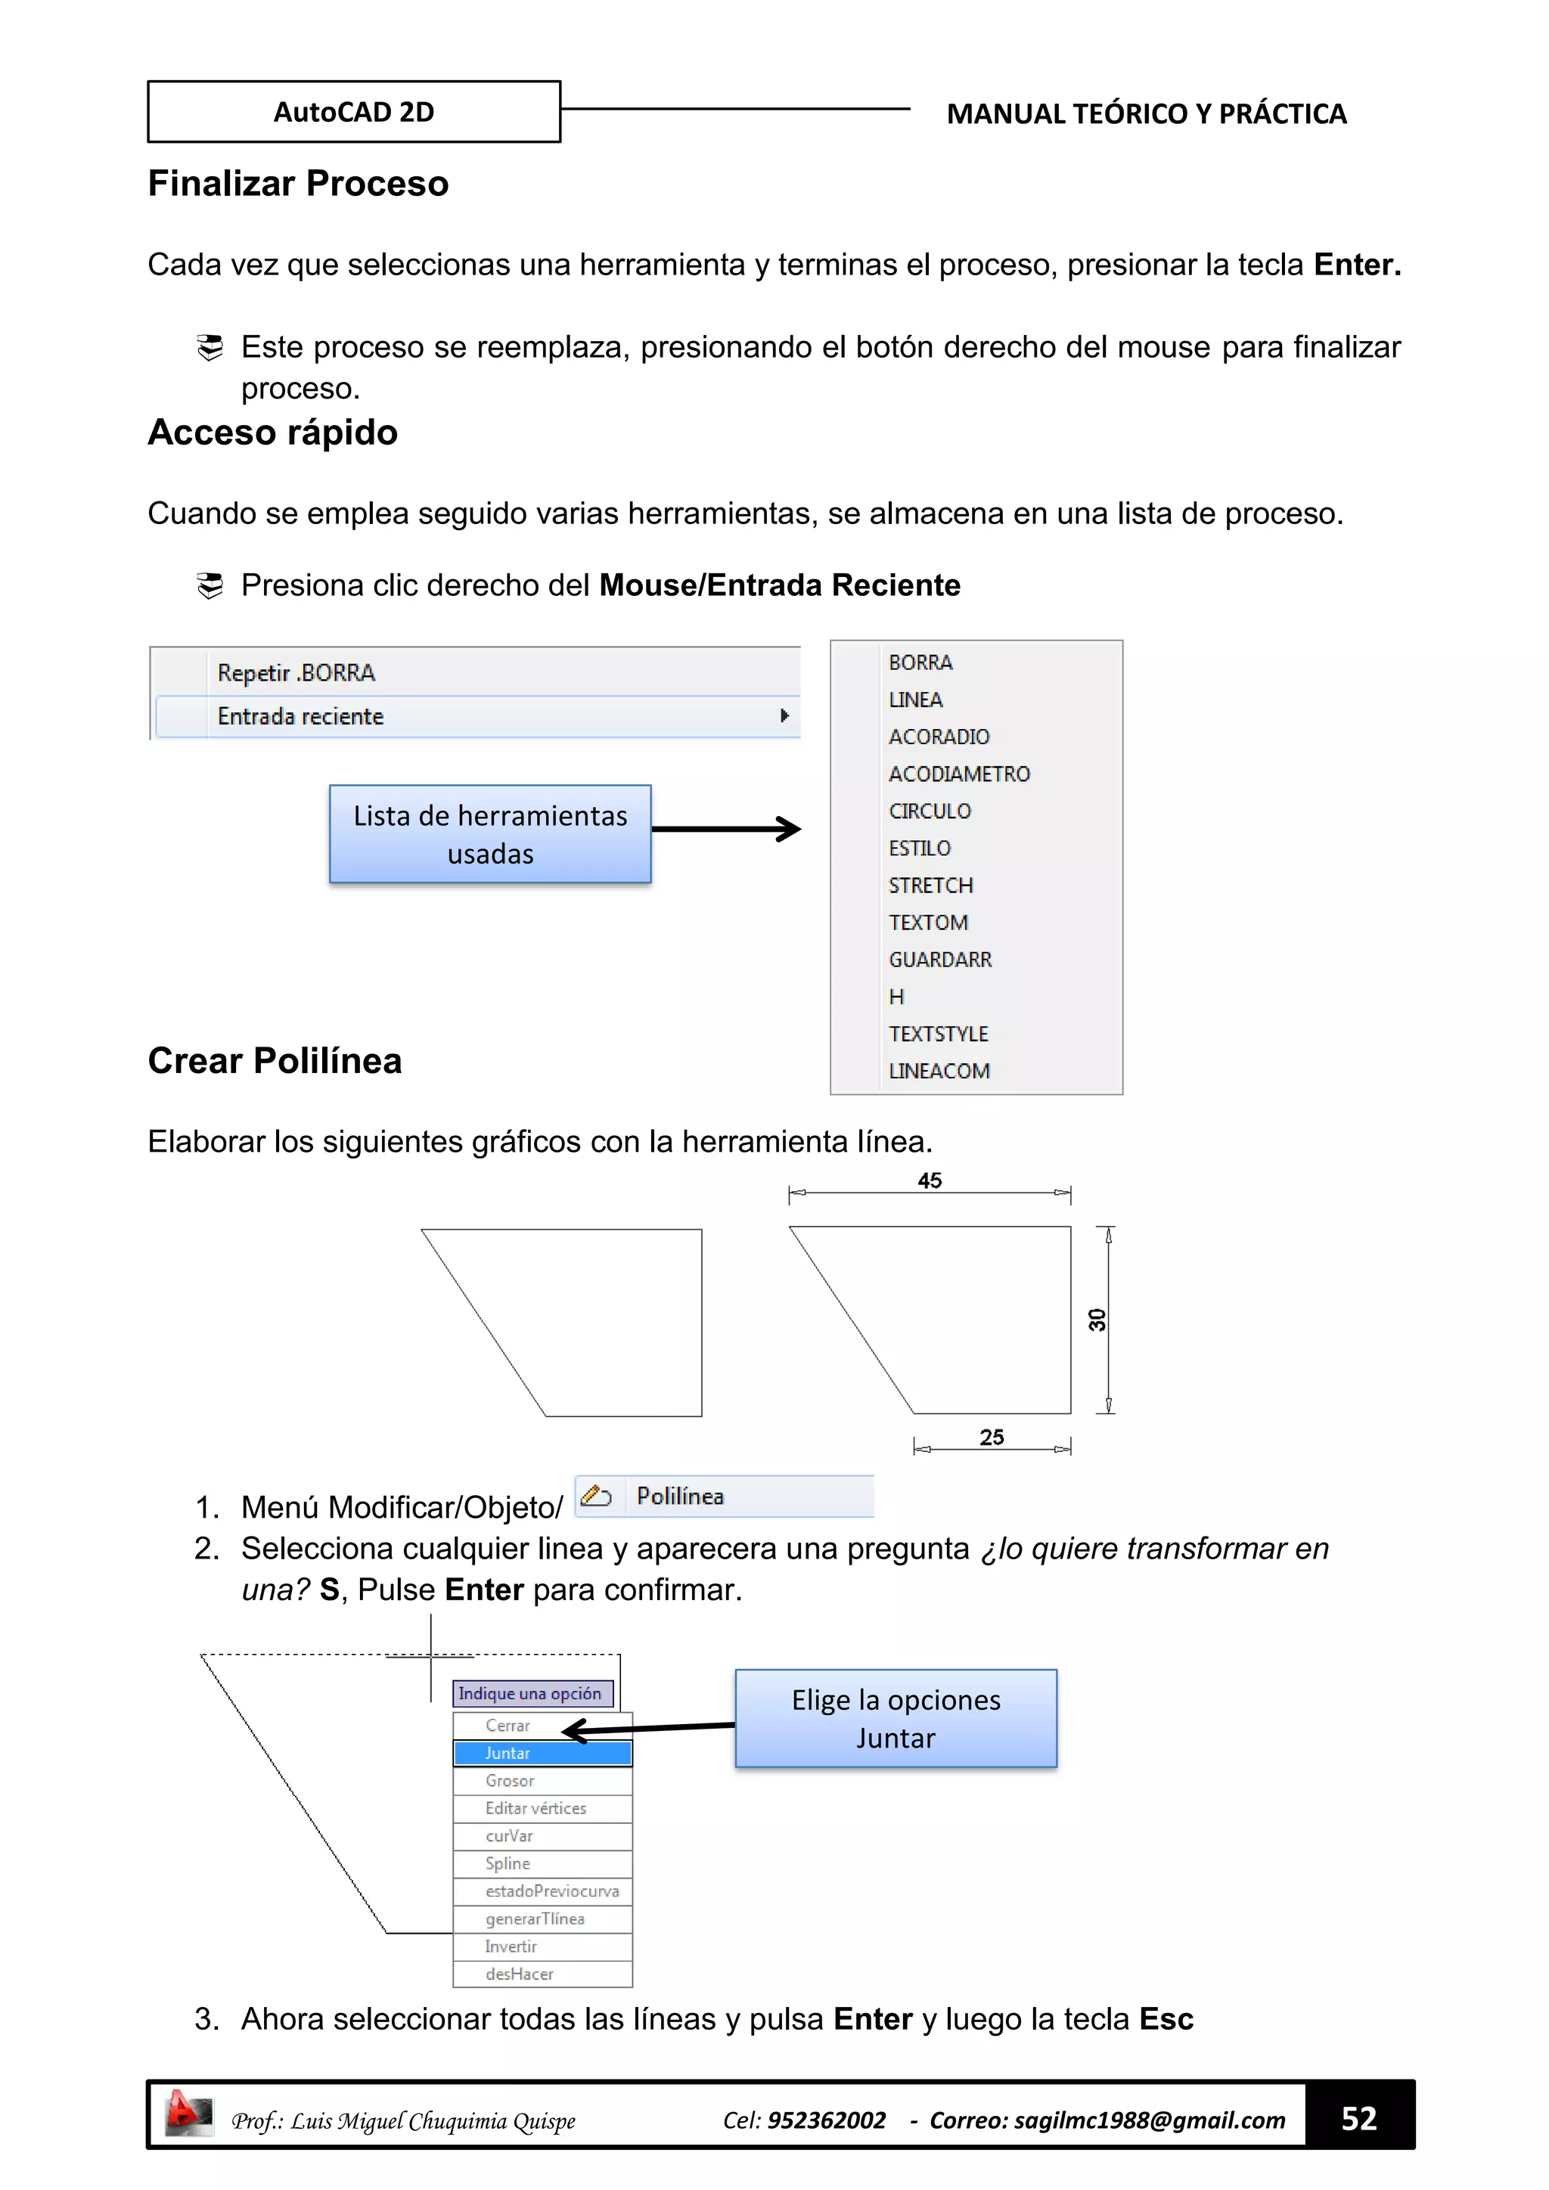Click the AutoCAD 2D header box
[353, 112]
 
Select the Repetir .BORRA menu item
[296, 672]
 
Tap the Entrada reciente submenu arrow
[784, 715]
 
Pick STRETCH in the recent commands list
[930, 886]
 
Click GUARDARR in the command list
[939, 960]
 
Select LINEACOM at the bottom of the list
[939, 1071]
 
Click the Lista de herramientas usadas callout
[490, 833]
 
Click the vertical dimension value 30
[1097, 1320]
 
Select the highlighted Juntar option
[542, 1753]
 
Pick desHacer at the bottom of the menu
[519, 1974]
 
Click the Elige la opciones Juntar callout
[896, 1718]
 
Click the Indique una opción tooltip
[530, 1693]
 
